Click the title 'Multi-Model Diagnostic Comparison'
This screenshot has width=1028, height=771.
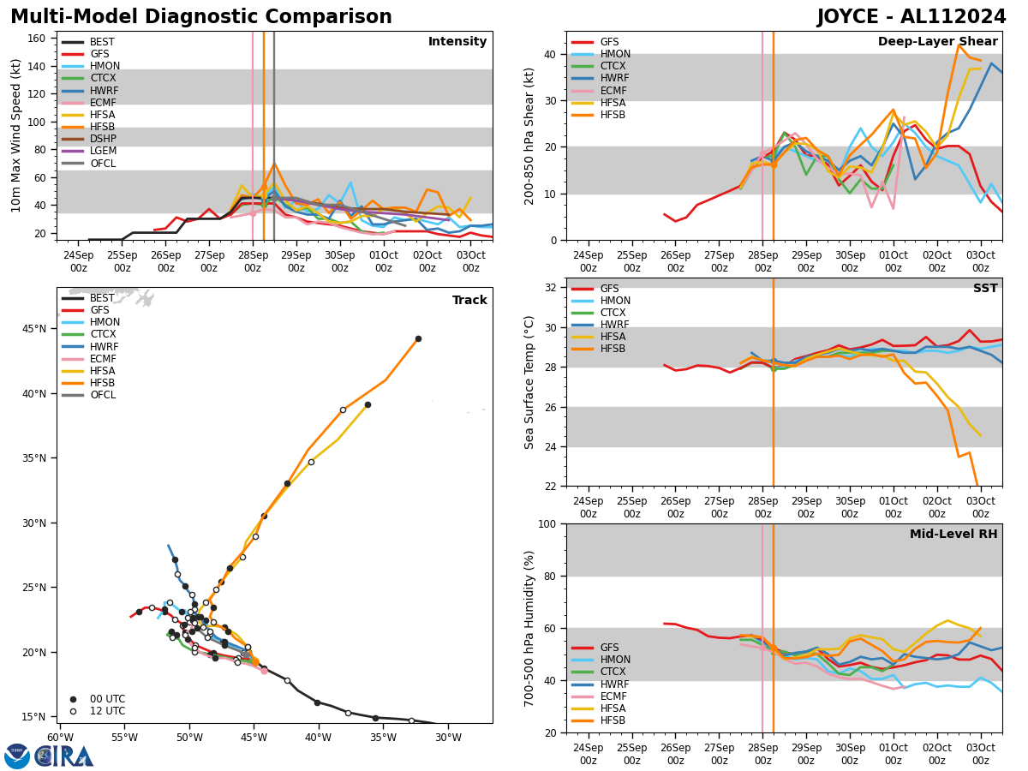click(x=201, y=17)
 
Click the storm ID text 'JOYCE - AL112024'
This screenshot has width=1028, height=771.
click(x=911, y=17)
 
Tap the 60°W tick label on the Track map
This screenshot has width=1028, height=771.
click(x=60, y=738)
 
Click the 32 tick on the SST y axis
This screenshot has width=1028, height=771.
click(x=553, y=288)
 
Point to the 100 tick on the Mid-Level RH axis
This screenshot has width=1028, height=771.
click(x=549, y=523)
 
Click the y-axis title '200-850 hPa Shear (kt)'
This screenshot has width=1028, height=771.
click(x=530, y=135)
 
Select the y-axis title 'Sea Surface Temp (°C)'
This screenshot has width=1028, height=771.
click(x=530, y=382)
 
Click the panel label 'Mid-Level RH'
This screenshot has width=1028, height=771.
click(x=953, y=535)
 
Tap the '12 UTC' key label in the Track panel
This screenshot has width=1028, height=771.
click(x=108, y=711)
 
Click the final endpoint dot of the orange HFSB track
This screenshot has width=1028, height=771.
click(x=418, y=338)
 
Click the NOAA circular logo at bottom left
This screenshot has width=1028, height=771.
click(x=17, y=756)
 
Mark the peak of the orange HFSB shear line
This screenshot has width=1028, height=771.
click(x=959, y=45)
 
